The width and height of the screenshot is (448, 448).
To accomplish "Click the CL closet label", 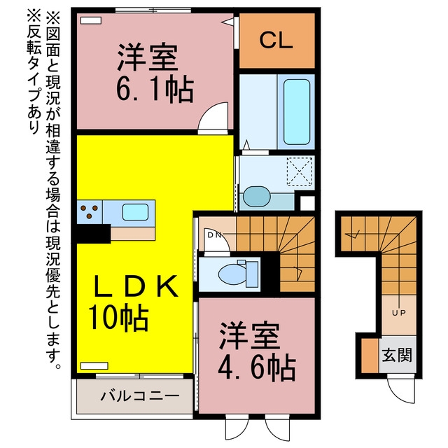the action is [x=276, y=41].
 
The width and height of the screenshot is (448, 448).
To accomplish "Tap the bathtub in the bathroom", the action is [x=296, y=112].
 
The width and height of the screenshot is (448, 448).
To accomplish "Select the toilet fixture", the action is [x=238, y=274].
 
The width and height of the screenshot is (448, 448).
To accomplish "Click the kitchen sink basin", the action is [x=135, y=212].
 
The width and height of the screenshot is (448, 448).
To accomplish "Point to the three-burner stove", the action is [x=90, y=212].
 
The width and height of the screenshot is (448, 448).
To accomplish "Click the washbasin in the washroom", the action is [x=257, y=197].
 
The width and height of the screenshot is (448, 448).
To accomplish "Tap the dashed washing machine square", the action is [x=300, y=171].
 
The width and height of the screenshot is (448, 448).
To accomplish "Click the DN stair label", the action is [x=214, y=235].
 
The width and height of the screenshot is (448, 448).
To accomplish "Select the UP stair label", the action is [x=399, y=313].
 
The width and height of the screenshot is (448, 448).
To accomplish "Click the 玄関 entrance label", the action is [x=397, y=355].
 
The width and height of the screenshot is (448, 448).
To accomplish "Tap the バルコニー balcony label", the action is [x=140, y=396].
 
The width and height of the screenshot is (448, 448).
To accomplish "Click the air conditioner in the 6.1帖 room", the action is [x=91, y=20].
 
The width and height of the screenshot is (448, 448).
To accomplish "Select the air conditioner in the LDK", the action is [x=94, y=365].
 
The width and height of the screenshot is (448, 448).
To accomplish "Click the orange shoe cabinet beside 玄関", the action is [x=370, y=356].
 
